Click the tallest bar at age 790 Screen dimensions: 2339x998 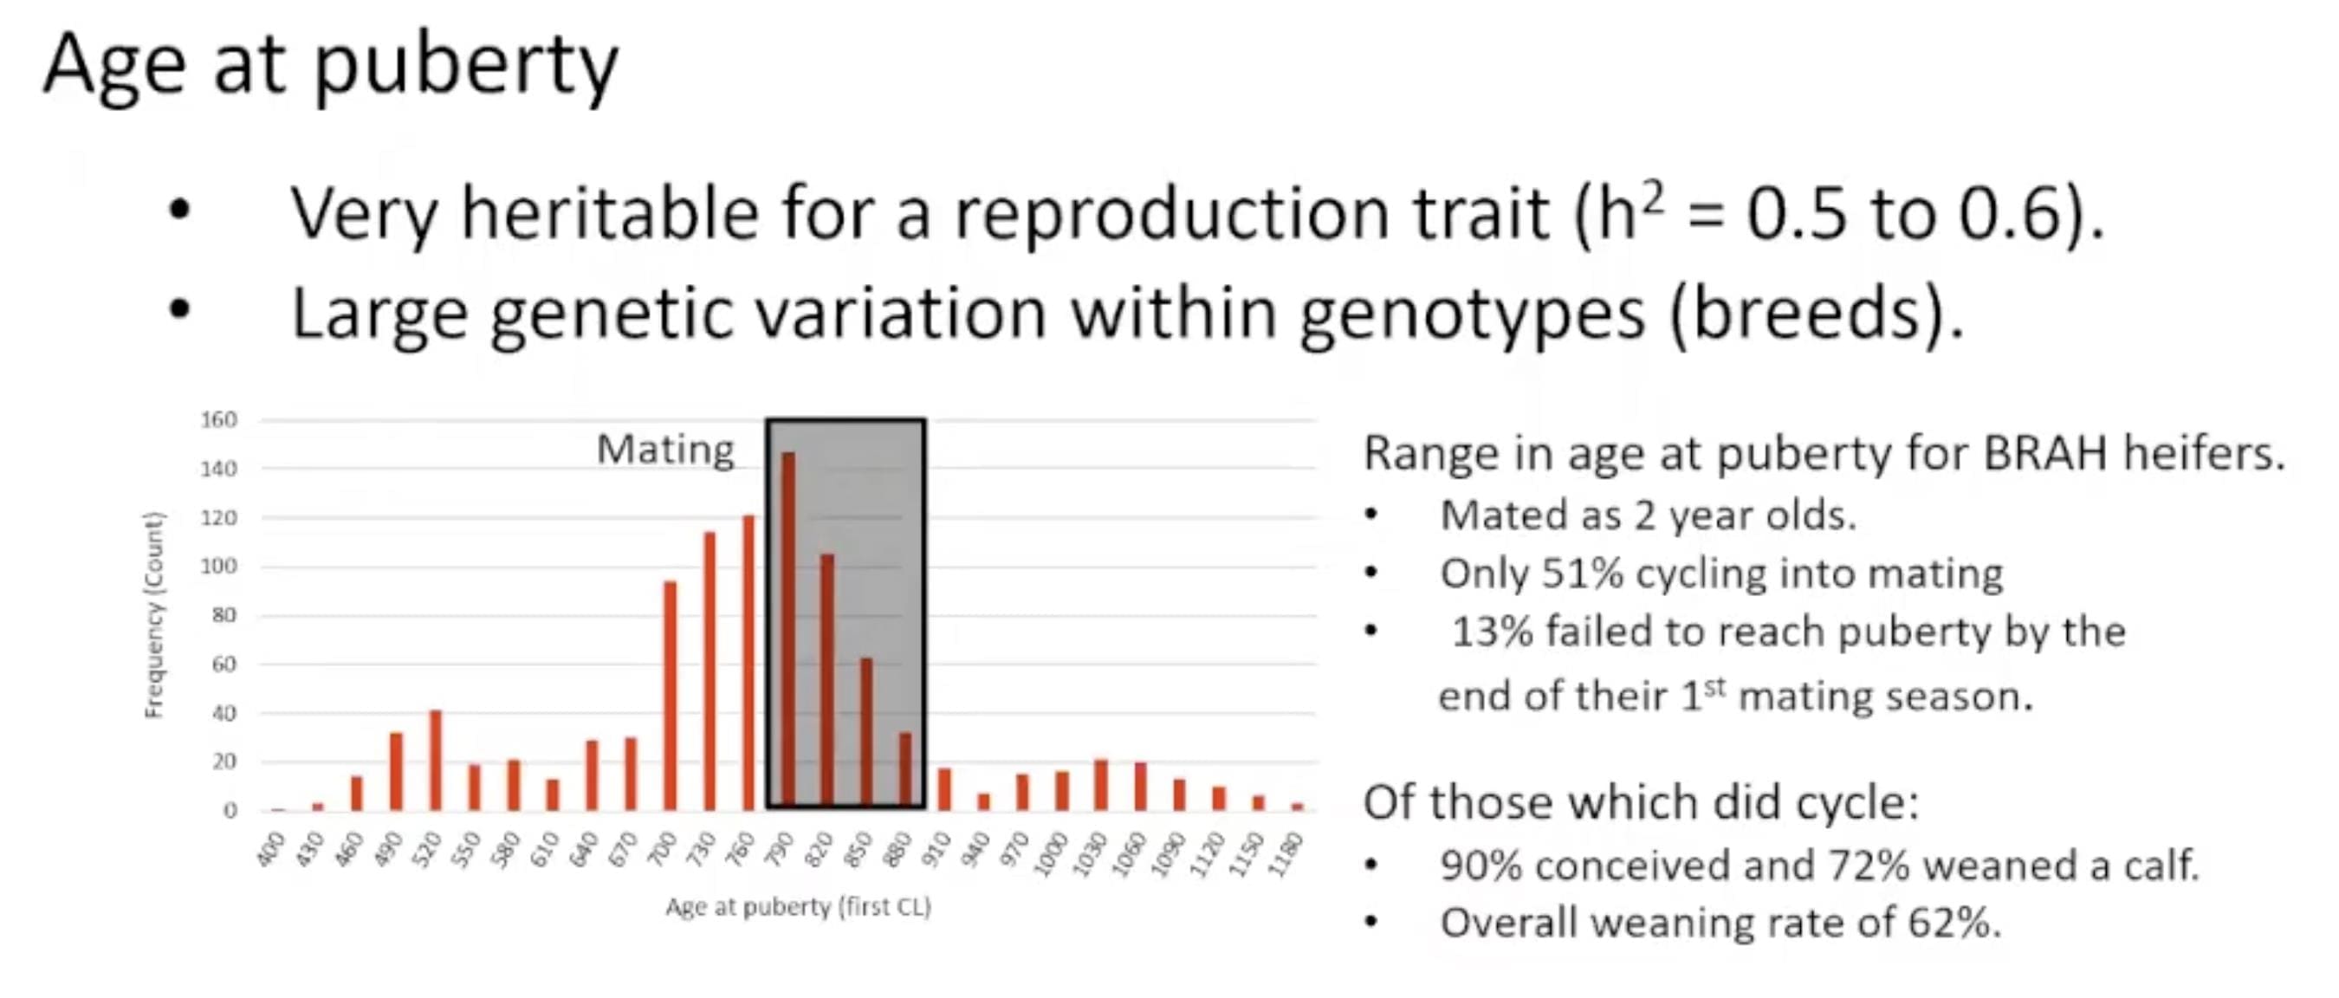pos(788,630)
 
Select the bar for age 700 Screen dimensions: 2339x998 pos(671,695)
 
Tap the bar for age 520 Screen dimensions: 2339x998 pos(435,759)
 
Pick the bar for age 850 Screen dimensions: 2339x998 pos(866,733)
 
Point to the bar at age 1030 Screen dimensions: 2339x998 pos(1101,784)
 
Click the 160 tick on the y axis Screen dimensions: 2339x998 pos(219,419)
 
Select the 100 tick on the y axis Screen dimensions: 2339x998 pos(219,566)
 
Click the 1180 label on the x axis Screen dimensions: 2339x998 pos(1288,853)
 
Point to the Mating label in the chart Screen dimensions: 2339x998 pos(665,450)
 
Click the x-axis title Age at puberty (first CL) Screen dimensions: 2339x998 pos(798,906)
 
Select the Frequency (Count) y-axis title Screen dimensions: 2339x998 pos(154,615)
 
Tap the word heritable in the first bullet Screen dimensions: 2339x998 pos(609,212)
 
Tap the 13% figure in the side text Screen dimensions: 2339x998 pos(1493,632)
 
